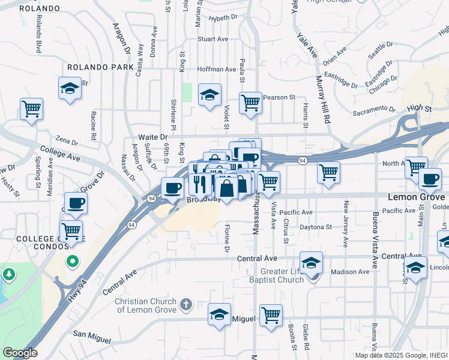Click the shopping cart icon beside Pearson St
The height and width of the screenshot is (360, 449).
pyautogui.click(x=250, y=103)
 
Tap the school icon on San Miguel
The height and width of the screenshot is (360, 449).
pyautogui.click(x=219, y=314)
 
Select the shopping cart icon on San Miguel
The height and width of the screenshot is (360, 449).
pyautogui.click(x=271, y=314)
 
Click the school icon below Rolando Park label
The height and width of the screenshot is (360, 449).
pyautogui.click(x=70, y=88)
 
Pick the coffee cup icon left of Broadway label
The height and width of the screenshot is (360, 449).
pyautogui.click(x=172, y=188)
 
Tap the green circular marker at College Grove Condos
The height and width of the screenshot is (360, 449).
pyautogui.click(x=72, y=261)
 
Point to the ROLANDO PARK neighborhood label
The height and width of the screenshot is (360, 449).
pyautogui.click(x=100, y=67)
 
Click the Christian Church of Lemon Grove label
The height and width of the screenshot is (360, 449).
pyautogui.click(x=146, y=305)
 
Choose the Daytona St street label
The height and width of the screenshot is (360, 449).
pyautogui.click(x=313, y=227)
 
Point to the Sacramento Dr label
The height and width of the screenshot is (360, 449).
pyautogui.click(x=374, y=110)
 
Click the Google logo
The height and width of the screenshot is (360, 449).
pyautogui.click(x=20, y=353)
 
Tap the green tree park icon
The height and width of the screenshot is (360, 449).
pyautogui.click(x=9, y=275)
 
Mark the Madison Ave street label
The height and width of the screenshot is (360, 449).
pyautogui.click(x=351, y=272)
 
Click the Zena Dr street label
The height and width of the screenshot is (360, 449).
pyautogui.click(x=66, y=142)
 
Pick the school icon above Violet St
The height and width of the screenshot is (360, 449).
pyautogui.click(x=209, y=95)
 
